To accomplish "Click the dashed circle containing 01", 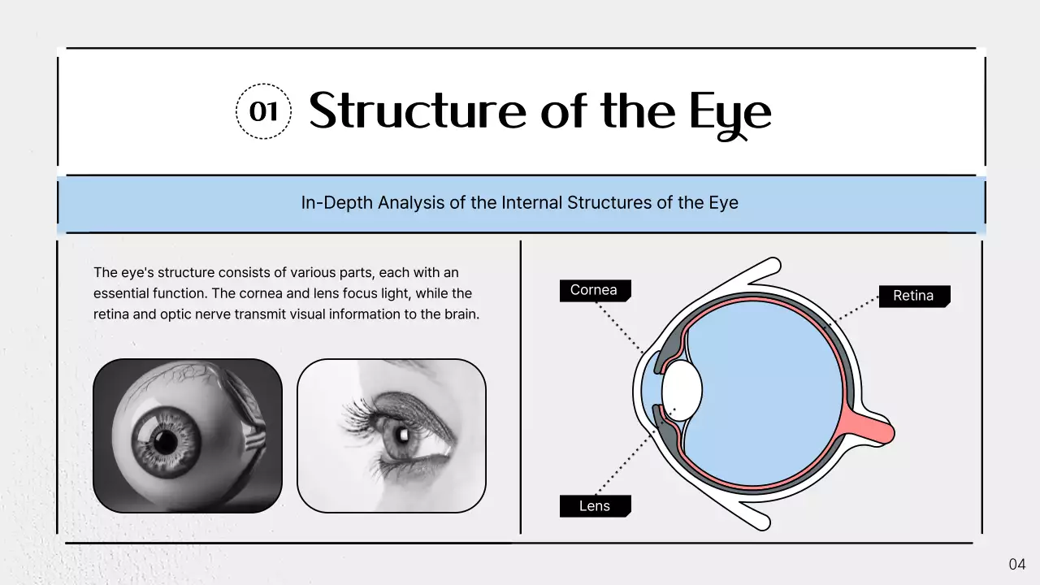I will [x=263, y=111].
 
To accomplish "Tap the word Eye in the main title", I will [x=730, y=114].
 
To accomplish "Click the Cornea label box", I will [x=594, y=290].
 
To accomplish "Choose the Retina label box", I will [x=913, y=296].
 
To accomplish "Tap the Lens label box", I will [x=594, y=506].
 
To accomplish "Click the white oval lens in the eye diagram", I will [x=682, y=389].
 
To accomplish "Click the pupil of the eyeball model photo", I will [x=166, y=441].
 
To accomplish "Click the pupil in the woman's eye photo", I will [x=400, y=432].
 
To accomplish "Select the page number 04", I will [x=1017, y=564].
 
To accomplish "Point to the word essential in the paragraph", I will [x=122, y=293].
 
